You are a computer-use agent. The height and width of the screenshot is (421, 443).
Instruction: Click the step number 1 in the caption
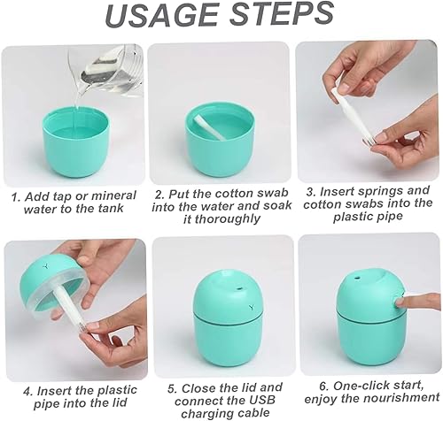tap(14, 195)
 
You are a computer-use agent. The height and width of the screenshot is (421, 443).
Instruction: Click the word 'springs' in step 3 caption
tap(372, 192)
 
